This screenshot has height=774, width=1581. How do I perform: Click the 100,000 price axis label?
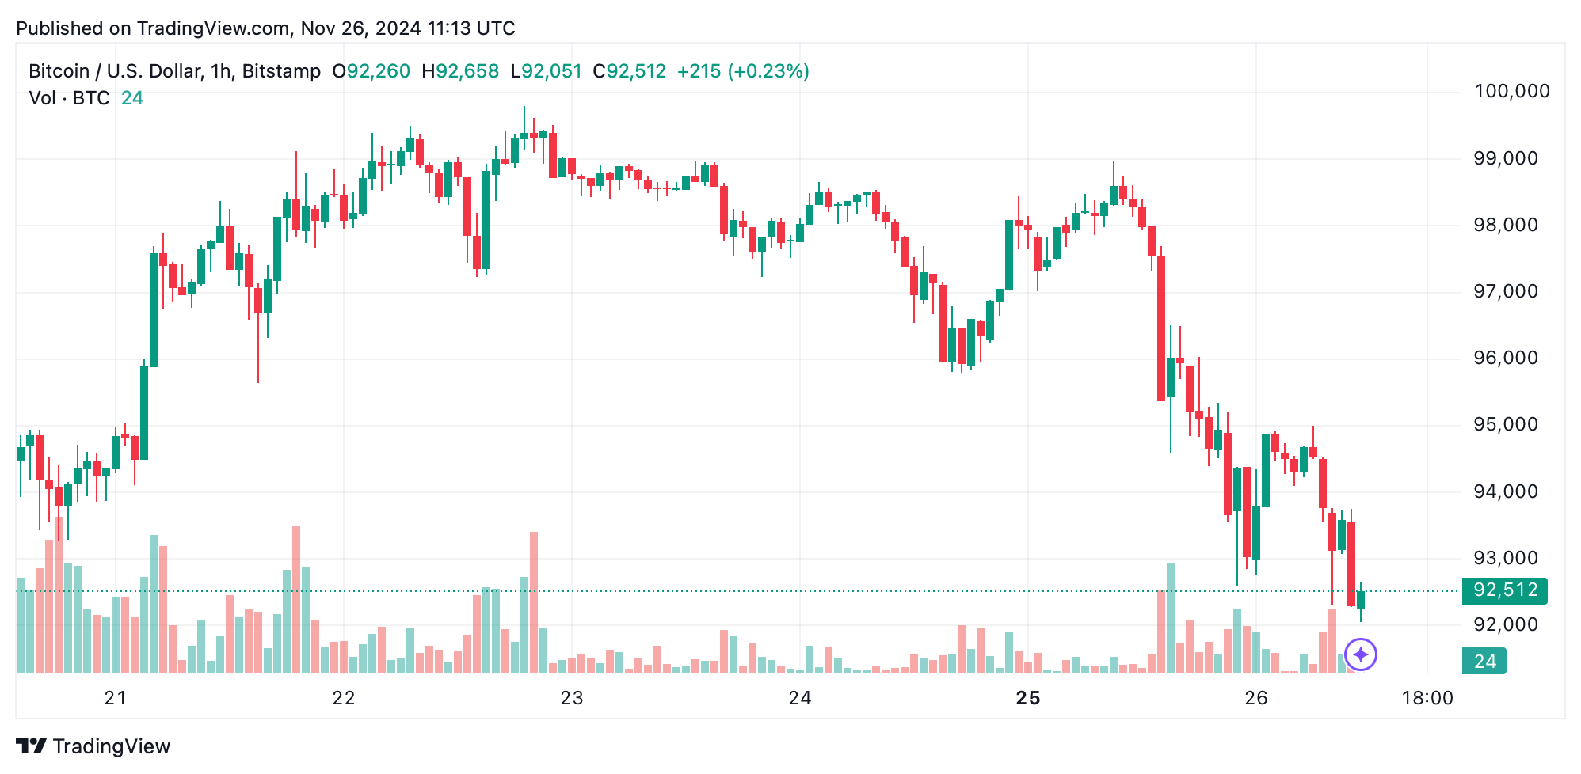click(x=1511, y=91)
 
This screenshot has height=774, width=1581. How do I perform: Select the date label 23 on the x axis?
click(x=571, y=698)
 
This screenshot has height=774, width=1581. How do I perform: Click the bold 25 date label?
click(x=1027, y=698)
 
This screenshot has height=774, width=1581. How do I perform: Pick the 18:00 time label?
click(x=1427, y=698)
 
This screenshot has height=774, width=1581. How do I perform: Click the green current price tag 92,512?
click(x=1504, y=590)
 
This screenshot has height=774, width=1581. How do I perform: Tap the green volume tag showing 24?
click(x=1484, y=662)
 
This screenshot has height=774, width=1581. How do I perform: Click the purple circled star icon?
click(x=1361, y=654)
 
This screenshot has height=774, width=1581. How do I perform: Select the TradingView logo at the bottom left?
click(x=93, y=746)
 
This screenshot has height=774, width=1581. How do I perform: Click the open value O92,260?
click(x=371, y=71)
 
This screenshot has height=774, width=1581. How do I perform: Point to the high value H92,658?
click(x=460, y=71)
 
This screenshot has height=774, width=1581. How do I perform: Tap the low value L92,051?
click(x=547, y=71)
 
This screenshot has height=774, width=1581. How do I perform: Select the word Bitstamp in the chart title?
click(x=281, y=71)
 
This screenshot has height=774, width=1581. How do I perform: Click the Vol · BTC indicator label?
click(x=69, y=98)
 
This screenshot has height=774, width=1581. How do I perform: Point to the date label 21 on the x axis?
click(x=116, y=698)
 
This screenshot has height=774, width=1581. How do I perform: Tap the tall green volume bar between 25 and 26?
click(x=1170, y=618)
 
